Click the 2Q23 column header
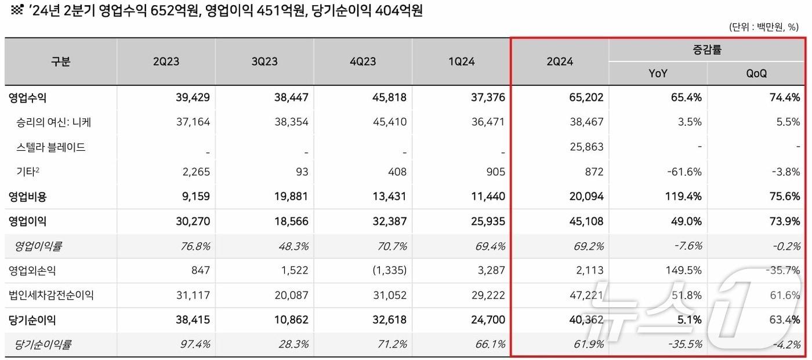(166, 61)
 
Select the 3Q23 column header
(264, 61)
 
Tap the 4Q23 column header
(362, 61)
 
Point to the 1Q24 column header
(461, 61)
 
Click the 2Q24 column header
(560, 61)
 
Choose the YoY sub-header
(658, 74)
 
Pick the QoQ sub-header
(756, 74)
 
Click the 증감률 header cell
(707, 50)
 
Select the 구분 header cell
(61, 61)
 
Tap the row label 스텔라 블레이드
(51, 147)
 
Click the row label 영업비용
(28, 197)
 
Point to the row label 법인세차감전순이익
(51, 295)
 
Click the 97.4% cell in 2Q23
(194, 344)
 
